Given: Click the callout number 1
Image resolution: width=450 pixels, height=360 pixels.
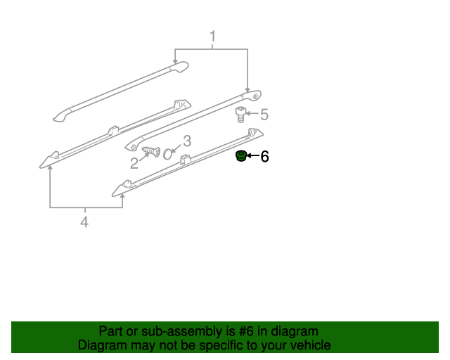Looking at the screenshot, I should coord(212,36).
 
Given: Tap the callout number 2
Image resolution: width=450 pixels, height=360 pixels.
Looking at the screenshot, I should coord(134,163).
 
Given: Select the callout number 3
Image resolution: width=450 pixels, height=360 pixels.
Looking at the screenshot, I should coord(187,141).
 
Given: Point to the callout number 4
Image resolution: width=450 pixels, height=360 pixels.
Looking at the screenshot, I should coord(84,222).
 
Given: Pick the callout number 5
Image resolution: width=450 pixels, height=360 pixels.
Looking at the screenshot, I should coord(264,114).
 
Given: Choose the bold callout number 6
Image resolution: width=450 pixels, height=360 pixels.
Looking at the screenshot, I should coord(264,157).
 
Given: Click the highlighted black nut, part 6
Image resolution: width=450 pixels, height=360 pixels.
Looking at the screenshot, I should coord(240,156).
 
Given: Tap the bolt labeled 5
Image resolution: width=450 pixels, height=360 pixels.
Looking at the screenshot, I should coord(239,115).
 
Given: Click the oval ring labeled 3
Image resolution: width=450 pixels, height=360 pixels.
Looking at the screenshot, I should coord(167,153).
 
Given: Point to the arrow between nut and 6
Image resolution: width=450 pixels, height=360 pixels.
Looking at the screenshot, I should coord(252,157).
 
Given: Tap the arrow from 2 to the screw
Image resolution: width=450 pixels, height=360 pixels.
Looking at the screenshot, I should coord(143,157).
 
